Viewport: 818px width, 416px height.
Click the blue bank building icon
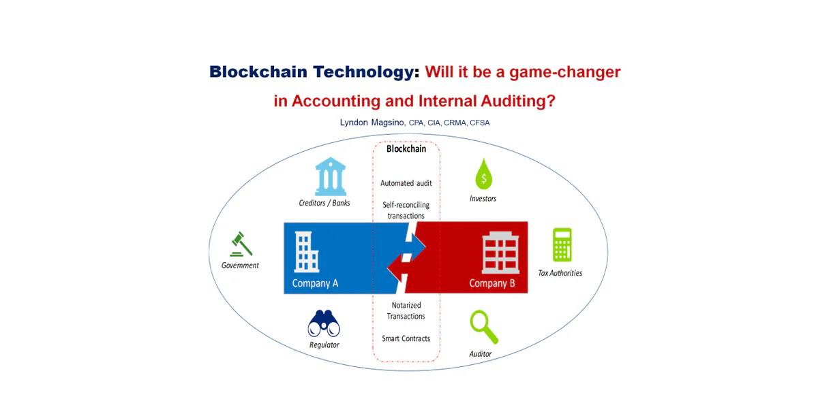(x=331, y=176)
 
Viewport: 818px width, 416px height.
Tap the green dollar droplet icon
(x=484, y=174)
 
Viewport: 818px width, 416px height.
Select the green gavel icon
(x=241, y=244)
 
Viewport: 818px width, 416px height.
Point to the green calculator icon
(x=562, y=244)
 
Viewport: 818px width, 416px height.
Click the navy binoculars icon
(x=324, y=323)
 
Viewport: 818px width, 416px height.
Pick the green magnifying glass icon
(x=484, y=327)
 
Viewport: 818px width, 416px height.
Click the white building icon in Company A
(x=306, y=252)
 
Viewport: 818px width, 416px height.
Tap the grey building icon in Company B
(x=500, y=253)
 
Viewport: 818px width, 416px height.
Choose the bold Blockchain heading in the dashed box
(x=406, y=148)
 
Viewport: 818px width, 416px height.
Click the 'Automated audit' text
(x=406, y=183)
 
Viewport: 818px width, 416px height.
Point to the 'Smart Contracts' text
(x=406, y=338)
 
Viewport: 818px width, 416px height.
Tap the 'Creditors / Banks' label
(x=324, y=203)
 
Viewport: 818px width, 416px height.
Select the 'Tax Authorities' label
(x=560, y=273)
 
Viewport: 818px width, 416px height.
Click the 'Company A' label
(x=315, y=283)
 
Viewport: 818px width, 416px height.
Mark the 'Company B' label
(x=492, y=283)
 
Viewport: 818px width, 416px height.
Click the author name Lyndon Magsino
(x=372, y=123)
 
